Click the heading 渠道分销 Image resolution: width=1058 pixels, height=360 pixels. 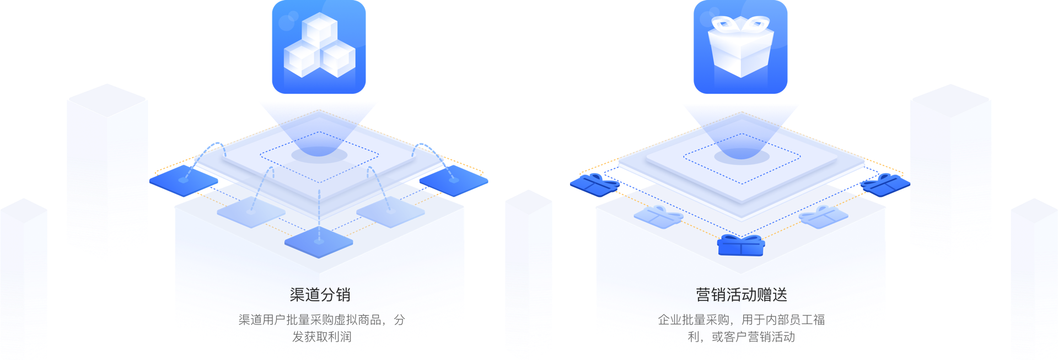(x=320, y=295)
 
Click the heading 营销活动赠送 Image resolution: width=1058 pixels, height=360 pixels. (x=741, y=295)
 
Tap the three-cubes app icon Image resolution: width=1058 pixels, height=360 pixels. (x=319, y=47)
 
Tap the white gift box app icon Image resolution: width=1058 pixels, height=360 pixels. (x=740, y=47)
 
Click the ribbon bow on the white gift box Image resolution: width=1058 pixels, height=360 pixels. (x=740, y=24)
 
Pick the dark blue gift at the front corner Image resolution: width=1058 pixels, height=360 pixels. (x=741, y=246)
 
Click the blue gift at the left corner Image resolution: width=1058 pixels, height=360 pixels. (x=594, y=184)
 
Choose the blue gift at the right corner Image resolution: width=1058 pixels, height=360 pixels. (x=885, y=184)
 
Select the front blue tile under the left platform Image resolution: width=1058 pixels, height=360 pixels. (x=319, y=242)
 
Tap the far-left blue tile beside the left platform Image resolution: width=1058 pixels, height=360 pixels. (x=184, y=181)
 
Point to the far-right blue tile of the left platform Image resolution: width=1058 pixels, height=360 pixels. (x=453, y=180)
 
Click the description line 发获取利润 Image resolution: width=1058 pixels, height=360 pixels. (x=321, y=337)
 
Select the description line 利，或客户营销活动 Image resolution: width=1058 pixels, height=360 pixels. (x=741, y=337)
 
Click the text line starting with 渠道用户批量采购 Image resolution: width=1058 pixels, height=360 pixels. (x=321, y=320)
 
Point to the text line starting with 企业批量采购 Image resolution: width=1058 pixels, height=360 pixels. (x=741, y=320)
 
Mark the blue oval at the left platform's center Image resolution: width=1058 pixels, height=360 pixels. (x=319, y=155)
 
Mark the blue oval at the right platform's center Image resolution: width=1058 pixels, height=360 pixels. (x=742, y=157)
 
